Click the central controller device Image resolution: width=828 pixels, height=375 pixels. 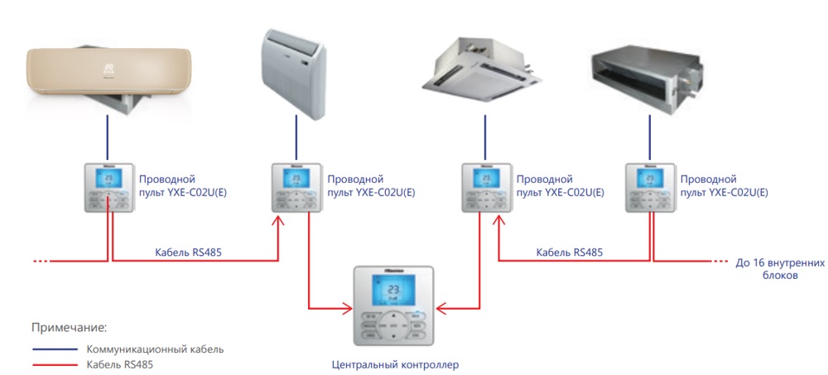point(393,306)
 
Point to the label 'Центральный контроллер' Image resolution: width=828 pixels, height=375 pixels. point(394,363)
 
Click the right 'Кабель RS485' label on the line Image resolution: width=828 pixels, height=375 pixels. point(570,252)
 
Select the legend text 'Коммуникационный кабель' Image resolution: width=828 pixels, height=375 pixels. point(155,349)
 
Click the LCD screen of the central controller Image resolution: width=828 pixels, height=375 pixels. point(393,291)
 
